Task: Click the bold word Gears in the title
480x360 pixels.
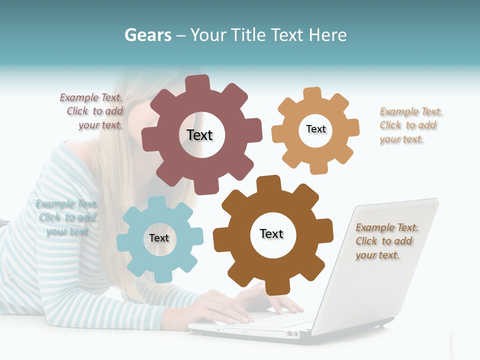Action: (147, 35)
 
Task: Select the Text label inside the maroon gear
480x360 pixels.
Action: (199, 135)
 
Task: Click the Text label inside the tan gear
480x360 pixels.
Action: (315, 129)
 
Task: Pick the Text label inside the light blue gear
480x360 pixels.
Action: (159, 238)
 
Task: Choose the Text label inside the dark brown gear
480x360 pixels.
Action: (271, 233)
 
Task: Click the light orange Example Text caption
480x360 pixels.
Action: (410, 125)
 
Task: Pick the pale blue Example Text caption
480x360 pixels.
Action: (66, 217)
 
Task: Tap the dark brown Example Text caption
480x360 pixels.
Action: (386, 241)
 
